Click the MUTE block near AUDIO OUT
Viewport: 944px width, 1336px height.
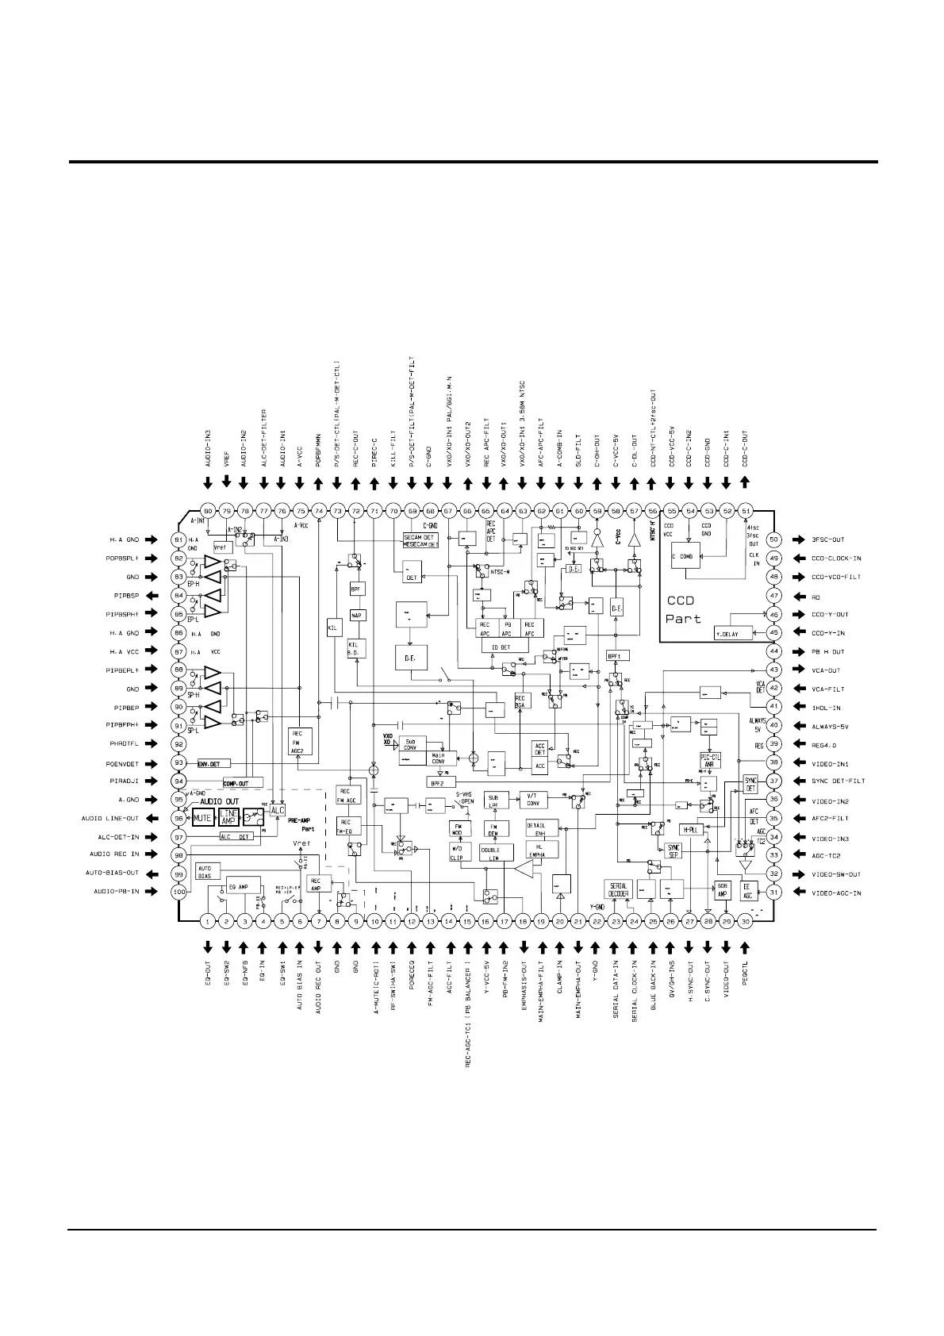(x=203, y=818)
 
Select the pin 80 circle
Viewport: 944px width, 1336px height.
(x=208, y=511)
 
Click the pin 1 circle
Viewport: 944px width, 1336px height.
(x=208, y=921)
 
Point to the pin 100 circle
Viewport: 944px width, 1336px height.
(x=179, y=893)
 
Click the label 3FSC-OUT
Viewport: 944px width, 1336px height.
(x=828, y=540)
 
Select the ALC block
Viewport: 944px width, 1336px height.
(x=277, y=811)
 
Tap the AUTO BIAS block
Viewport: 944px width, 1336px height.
(x=204, y=871)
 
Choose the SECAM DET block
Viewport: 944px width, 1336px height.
(x=421, y=536)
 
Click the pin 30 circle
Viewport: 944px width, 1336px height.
(x=746, y=921)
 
